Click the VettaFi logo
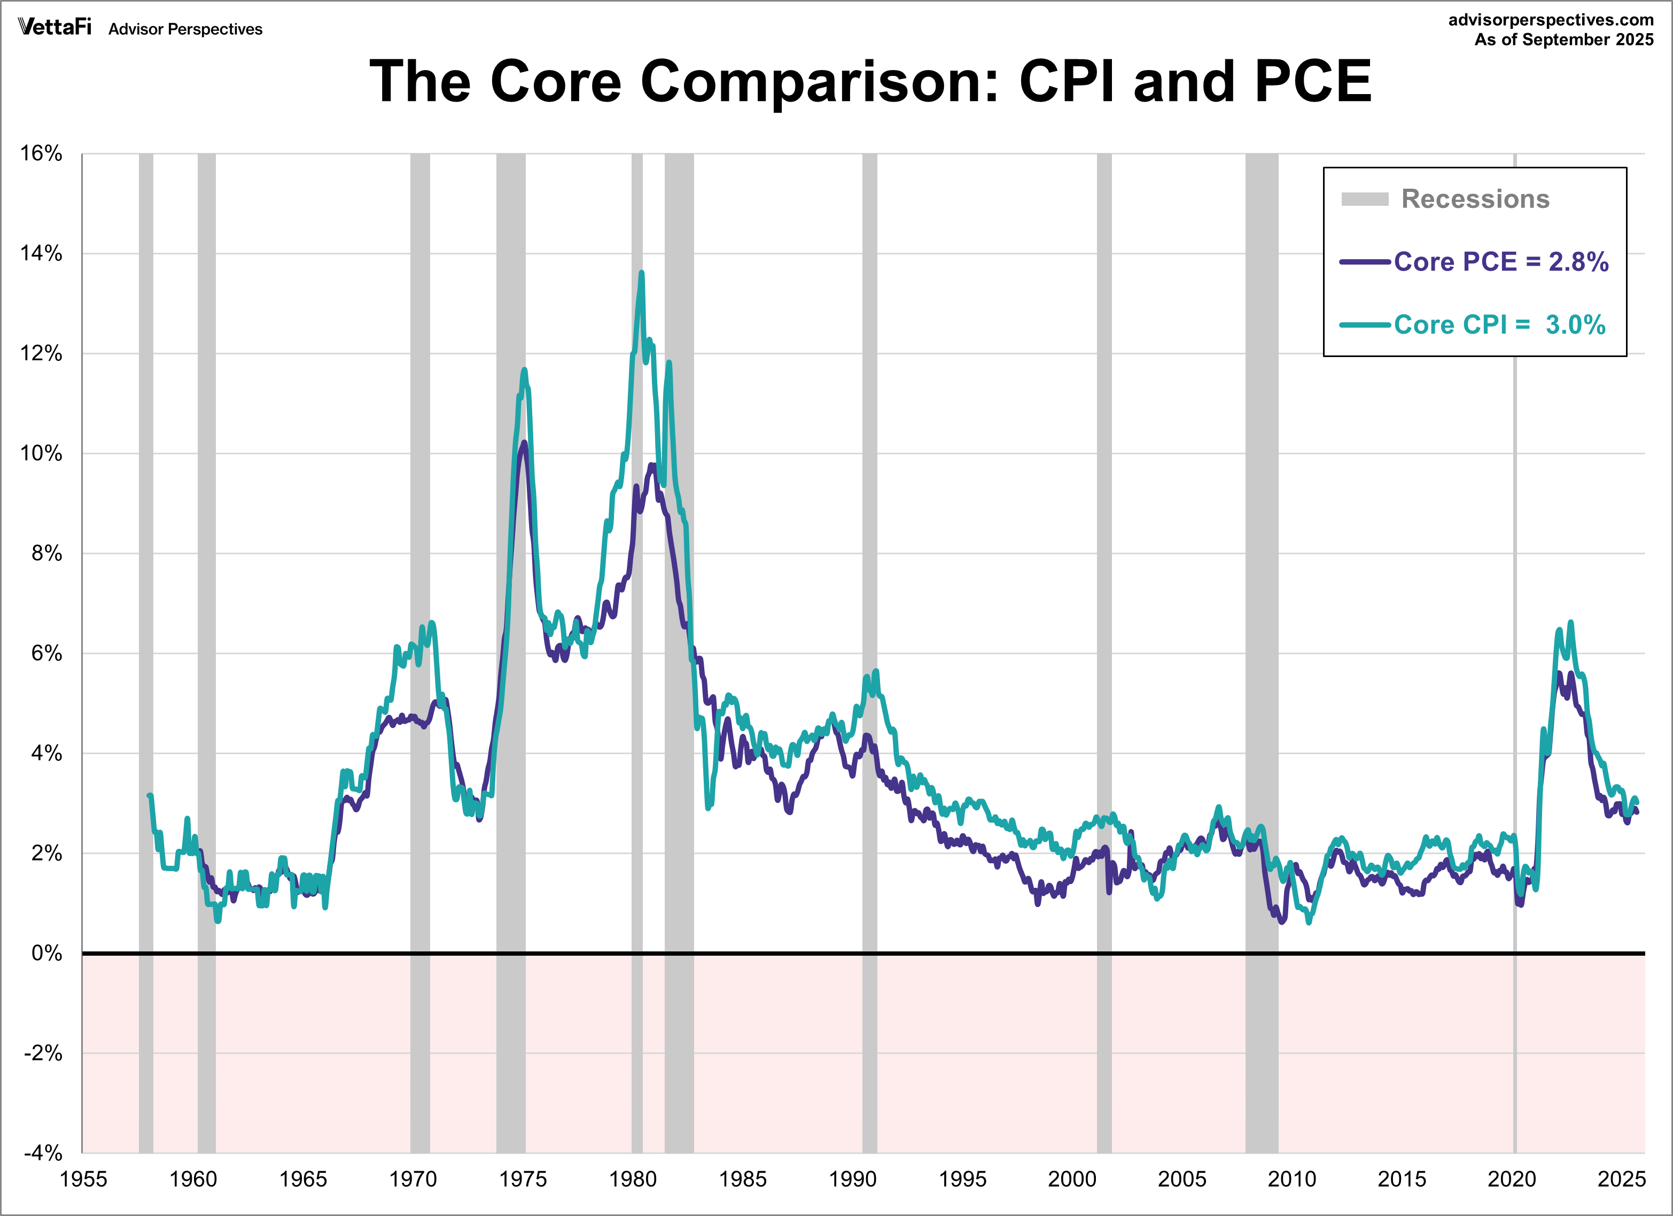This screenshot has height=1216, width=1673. point(55,27)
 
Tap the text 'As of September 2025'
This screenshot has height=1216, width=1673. point(1564,40)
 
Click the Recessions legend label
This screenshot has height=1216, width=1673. point(1475,199)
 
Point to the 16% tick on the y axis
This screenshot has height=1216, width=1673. point(41,153)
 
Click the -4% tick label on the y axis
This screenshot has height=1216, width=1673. point(43,1152)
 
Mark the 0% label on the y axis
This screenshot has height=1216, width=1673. point(46,954)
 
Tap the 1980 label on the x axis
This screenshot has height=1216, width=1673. point(632,1179)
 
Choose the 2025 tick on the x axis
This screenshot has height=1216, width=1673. point(1621,1179)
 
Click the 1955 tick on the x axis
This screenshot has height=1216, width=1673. point(83,1179)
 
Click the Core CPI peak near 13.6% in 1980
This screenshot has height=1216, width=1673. point(641,273)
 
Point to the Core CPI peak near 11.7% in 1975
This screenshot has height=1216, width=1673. point(525,370)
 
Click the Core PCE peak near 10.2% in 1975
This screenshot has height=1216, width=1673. point(524,443)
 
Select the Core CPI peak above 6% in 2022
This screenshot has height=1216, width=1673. point(1570,623)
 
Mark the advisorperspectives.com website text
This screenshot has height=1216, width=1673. point(1551,20)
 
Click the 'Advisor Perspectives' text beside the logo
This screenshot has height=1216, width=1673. point(185,29)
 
